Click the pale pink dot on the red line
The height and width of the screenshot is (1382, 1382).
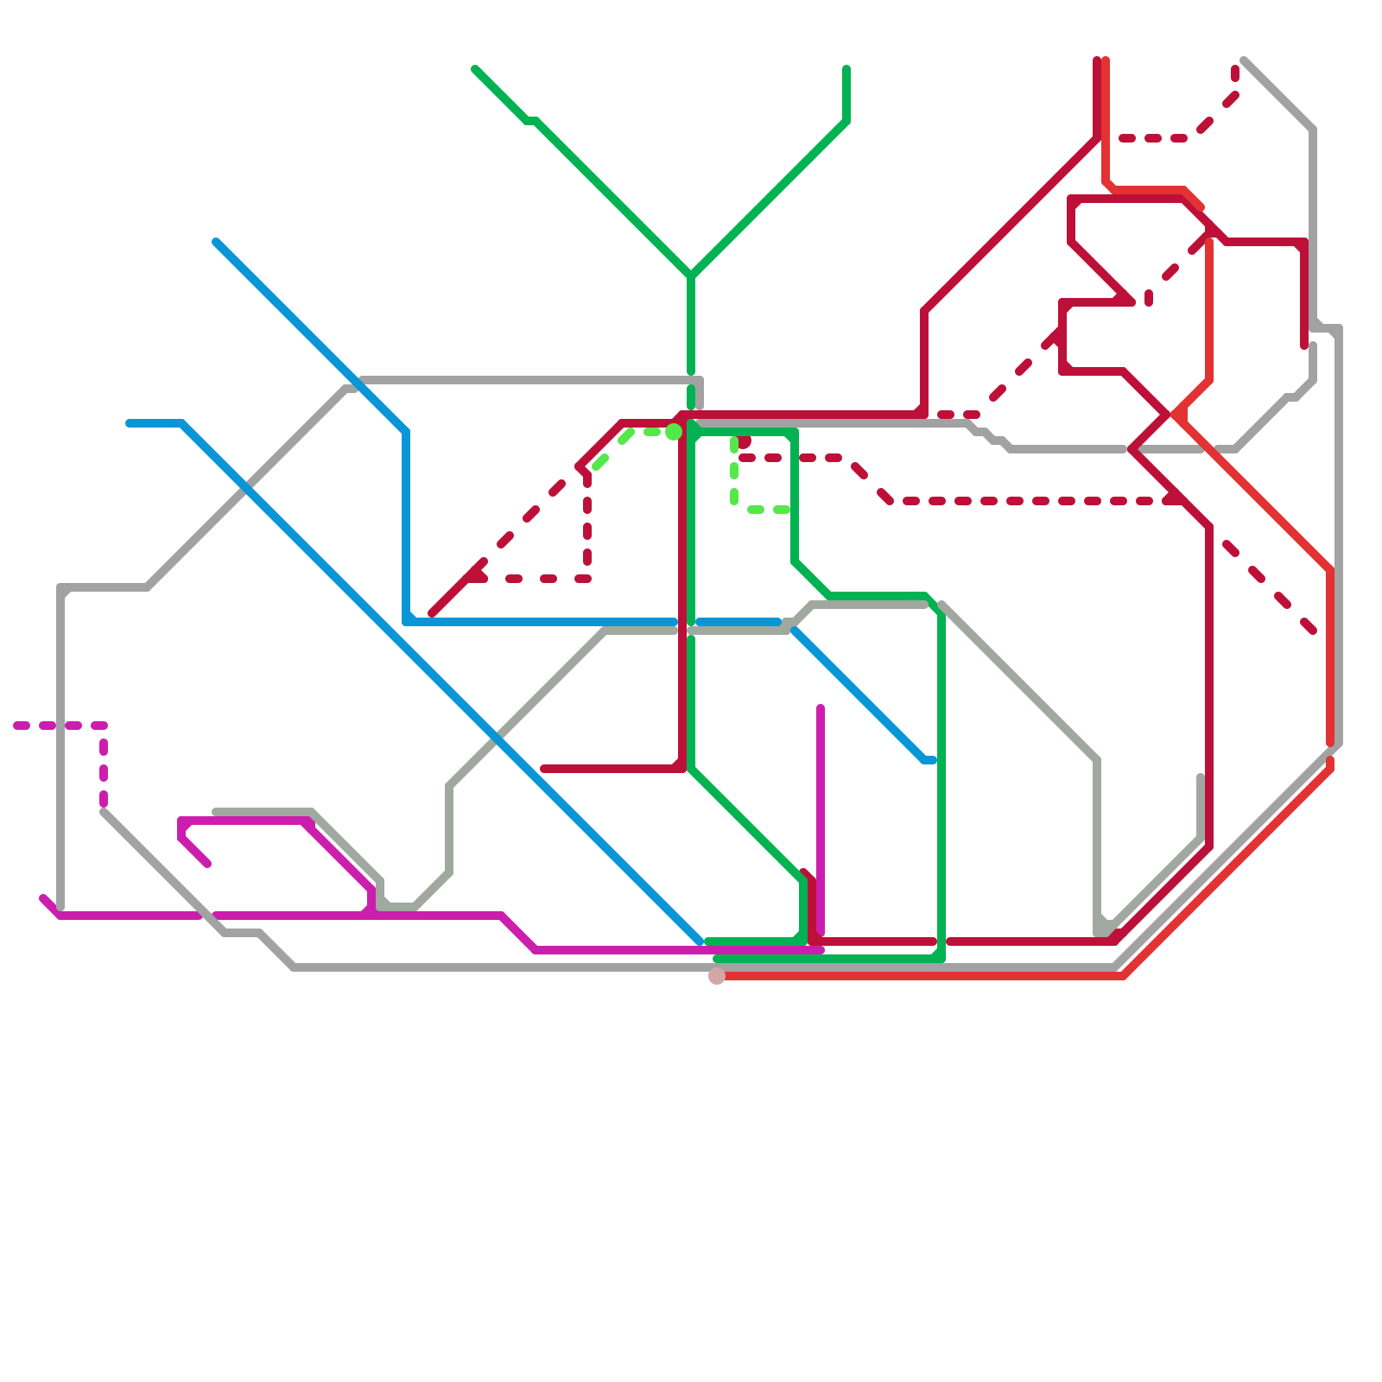pyautogui.click(x=717, y=975)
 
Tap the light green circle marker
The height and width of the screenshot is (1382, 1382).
pyautogui.click(x=674, y=432)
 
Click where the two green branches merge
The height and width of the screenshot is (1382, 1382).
pyautogui.click(x=691, y=276)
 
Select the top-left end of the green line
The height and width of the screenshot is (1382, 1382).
pyautogui.click(x=475, y=69)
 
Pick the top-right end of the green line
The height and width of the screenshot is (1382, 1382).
pyautogui.click(x=846, y=69)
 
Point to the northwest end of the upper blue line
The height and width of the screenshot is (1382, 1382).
pyautogui.click(x=216, y=242)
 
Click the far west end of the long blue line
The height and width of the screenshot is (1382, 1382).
pyautogui.click(x=130, y=423)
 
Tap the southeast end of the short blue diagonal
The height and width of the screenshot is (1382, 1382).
pyautogui.click(x=933, y=760)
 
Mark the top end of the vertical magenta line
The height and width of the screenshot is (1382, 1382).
pyautogui.click(x=821, y=708)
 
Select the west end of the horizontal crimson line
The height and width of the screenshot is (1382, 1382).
pyautogui.click(x=543, y=769)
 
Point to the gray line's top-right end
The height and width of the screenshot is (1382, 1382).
pyautogui.click(x=1244, y=60)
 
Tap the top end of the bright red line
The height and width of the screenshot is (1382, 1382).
pyautogui.click(x=1106, y=60)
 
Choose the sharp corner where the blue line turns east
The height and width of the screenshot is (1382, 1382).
pyautogui.click(x=406, y=621)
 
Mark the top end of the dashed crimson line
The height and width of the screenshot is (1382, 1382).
pyautogui.click(x=1236, y=69)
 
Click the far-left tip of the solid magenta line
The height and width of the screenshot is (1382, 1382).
pyautogui.click(x=43, y=898)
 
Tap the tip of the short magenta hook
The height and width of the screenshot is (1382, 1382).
pyautogui.click(x=207, y=864)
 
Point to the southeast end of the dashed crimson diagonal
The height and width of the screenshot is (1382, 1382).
pyautogui.click(x=1313, y=631)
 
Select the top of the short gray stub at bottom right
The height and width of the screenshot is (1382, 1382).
pyautogui.click(x=1201, y=777)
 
